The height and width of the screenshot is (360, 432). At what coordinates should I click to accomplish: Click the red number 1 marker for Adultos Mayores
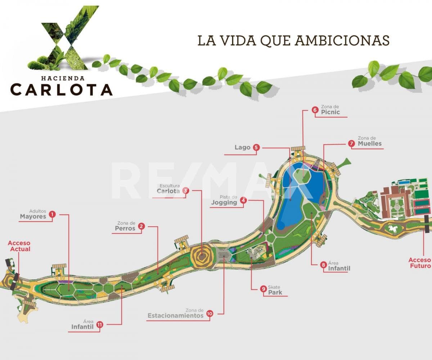coord(52,214)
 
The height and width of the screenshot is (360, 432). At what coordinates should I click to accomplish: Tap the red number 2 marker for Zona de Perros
coord(141,226)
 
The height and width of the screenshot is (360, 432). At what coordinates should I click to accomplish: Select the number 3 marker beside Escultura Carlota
coord(185,191)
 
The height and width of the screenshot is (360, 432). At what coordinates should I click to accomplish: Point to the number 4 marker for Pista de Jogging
coord(243,201)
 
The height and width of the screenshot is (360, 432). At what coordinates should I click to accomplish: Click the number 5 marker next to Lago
coord(256,147)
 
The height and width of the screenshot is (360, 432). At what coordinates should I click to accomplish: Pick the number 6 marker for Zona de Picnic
coord(315,110)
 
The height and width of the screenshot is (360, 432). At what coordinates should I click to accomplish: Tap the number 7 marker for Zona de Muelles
coord(352,143)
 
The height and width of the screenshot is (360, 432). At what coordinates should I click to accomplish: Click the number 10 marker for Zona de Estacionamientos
coord(210,314)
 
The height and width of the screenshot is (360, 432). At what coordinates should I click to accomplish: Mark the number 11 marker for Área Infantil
coord(100,325)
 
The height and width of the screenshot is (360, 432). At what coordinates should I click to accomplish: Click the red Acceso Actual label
coord(19,246)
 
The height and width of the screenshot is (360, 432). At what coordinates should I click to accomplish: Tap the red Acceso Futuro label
coord(419,263)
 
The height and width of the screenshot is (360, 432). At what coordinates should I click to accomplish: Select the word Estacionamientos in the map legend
coord(175,316)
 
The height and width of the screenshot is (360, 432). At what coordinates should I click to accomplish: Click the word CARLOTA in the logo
coord(61,89)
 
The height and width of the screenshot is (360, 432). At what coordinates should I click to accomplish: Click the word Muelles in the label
coord(370,143)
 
